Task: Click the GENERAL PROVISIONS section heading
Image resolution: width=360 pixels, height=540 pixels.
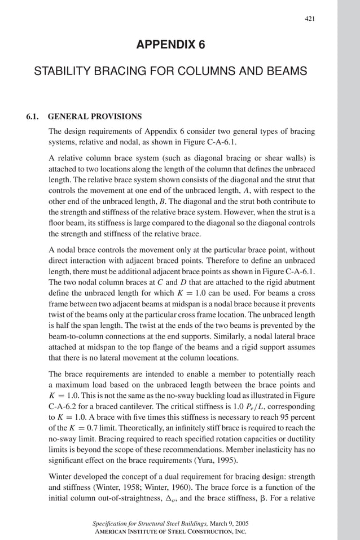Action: [95, 117]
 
